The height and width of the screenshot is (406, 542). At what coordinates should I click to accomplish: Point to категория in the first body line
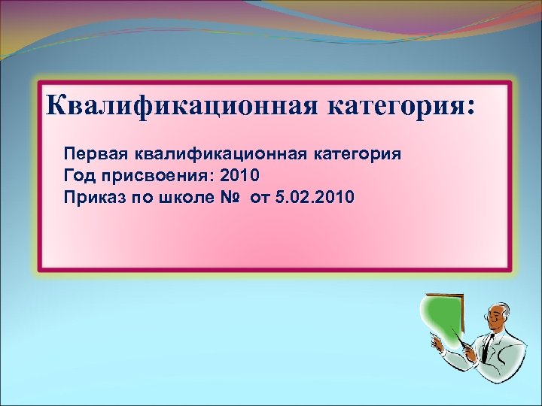click(356, 155)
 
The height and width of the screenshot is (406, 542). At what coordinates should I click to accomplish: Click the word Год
click(78, 177)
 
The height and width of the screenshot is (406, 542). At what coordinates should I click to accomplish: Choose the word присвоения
click(149, 177)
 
